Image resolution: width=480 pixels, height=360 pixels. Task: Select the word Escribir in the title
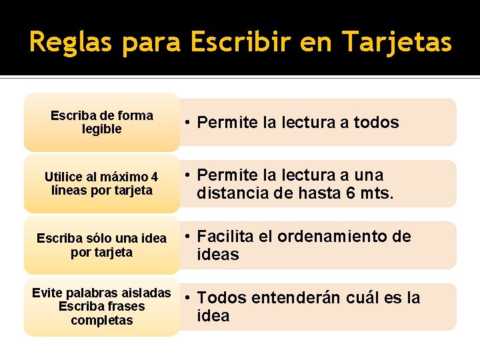pyautogui.click(x=241, y=43)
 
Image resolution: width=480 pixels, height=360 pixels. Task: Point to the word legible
pyautogui.click(x=102, y=129)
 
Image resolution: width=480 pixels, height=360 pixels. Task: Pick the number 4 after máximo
pyautogui.click(x=155, y=177)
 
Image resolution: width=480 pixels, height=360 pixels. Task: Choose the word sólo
pyautogui.click(x=97, y=239)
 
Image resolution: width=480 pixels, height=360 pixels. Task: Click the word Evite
pyautogui.click(x=47, y=293)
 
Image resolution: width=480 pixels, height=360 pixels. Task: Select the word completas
pyautogui.click(x=102, y=321)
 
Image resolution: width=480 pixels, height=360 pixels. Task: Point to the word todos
pyautogui.click(x=376, y=123)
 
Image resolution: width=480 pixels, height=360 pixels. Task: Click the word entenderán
pyautogui.click(x=285, y=298)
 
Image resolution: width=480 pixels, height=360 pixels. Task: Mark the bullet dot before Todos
pyautogui.click(x=189, y=298)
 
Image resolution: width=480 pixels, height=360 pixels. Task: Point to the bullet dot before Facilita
pyautogui.click(x=189, y=237)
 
